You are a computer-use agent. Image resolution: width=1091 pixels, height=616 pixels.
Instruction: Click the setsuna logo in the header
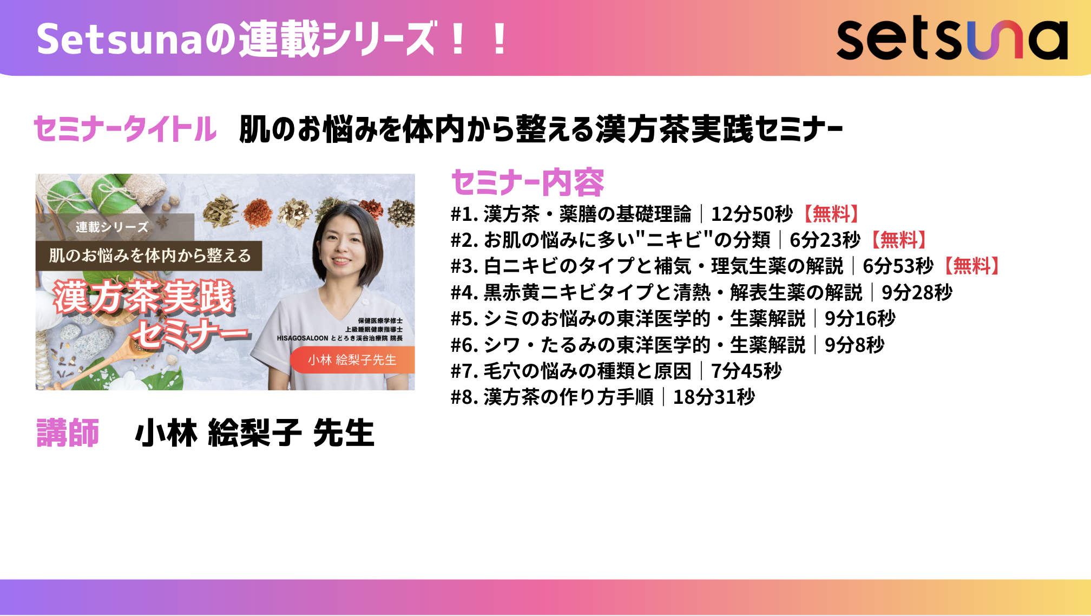[952, 40]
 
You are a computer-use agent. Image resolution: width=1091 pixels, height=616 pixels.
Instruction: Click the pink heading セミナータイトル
[125, 129]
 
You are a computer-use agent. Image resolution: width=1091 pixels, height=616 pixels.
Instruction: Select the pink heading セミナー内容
[528, 182]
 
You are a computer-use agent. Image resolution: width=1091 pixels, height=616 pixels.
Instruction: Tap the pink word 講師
[68, 433]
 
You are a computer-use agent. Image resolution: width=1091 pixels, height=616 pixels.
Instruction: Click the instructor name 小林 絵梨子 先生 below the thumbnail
[254, 433]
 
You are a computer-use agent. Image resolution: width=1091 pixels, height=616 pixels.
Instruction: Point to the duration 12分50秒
[752, 214]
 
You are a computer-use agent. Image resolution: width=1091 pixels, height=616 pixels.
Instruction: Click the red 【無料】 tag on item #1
[831, 214]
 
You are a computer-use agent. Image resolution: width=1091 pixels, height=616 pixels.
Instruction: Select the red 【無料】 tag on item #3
[972, 266]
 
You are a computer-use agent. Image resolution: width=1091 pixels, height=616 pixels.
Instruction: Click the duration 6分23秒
[825, 240]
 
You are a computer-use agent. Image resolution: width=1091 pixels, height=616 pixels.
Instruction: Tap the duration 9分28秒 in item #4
[917, 292]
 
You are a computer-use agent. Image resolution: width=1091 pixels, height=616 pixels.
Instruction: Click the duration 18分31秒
[714, 397]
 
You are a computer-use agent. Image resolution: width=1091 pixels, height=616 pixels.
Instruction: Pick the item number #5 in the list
[465, 318]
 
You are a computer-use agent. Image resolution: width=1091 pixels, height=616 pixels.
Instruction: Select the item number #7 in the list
[465, 371]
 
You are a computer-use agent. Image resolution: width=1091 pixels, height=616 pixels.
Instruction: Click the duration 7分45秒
[746, 371]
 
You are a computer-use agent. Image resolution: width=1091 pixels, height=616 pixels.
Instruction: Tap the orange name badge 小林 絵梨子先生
[352, 360]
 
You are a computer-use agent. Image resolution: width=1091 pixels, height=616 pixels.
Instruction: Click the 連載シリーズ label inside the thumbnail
[111, 227]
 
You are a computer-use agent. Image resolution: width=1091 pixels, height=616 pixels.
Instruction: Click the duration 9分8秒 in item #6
[855, 345]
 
